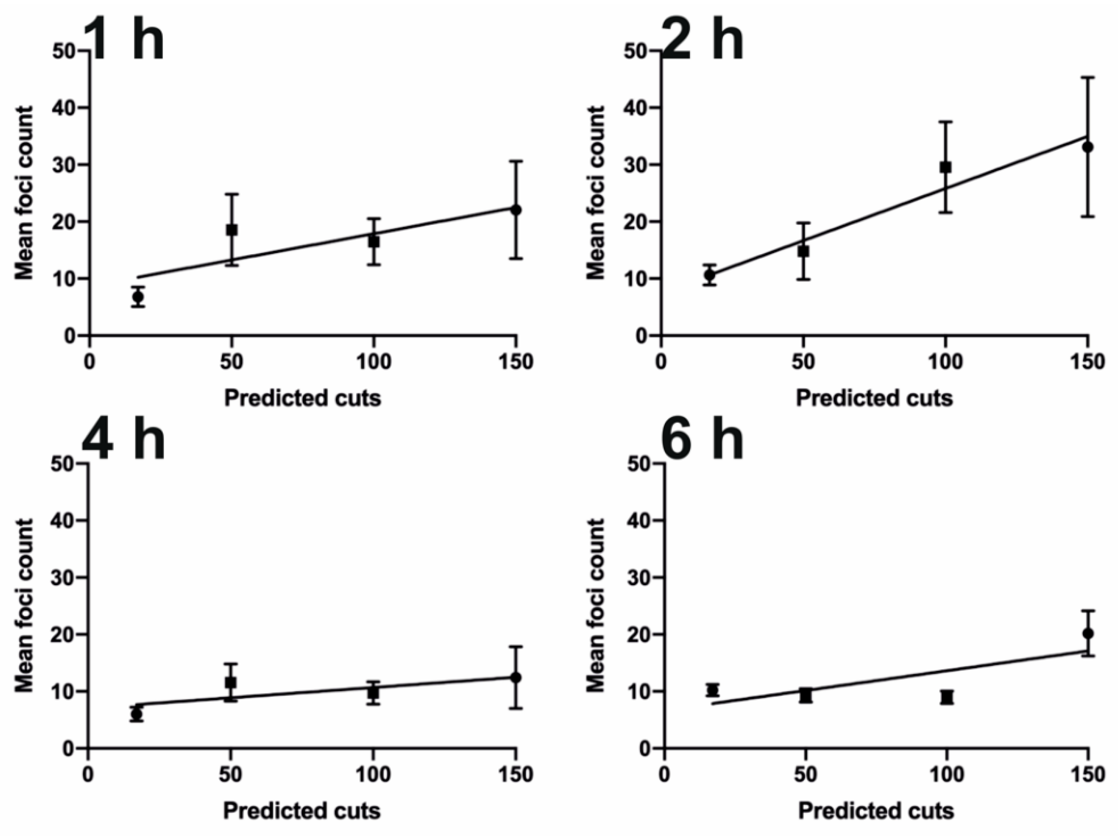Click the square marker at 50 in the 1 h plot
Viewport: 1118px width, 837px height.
pos(232,230)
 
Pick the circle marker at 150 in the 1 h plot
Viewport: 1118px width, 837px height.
pos(516,210)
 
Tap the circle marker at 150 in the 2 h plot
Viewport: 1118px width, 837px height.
pos(1088,147)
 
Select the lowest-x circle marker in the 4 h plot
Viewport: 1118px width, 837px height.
pos(136,714)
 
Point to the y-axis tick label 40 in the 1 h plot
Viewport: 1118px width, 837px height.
pos(64,108)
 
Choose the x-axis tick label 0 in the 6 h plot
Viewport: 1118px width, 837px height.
pos(664,774)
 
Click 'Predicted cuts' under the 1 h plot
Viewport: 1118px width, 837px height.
pos(302,398)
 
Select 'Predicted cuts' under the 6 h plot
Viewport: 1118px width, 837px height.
pos(876,811)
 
